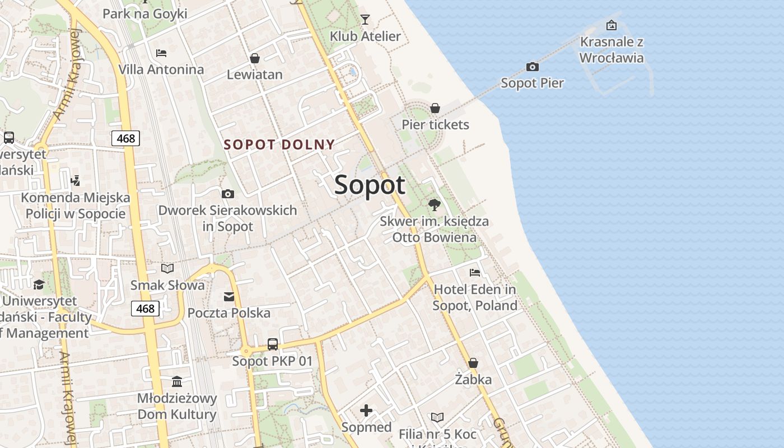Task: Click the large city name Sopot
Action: click(x=370, y=185)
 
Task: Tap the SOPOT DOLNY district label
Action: click(x=279, y=144)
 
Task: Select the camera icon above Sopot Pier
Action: click(x=533, y=67)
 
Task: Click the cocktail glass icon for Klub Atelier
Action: click(x=365, y=20)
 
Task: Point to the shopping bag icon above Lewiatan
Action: click(x=255, y=58)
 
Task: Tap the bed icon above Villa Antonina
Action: click(x=161, y=53)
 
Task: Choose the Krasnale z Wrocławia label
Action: click(x=612, y=50)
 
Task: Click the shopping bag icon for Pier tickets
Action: click(x=435, y=108)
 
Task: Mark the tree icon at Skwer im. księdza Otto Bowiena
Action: click(x=434, y=204)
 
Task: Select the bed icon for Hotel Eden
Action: click(x=475, y=273)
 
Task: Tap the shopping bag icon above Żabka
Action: click(x=473, y=363)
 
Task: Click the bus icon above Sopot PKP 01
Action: click(x=273, y=344)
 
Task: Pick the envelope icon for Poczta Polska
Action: click(x=229, y=296)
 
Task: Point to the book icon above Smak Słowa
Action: click(x=167, y=268)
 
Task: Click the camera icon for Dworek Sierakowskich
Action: click(x=228, y=194)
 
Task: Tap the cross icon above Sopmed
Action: click(x=366, y=411)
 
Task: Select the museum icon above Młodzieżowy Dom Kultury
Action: click(x=178, y=381)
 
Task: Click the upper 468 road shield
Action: click(x=125, y=138)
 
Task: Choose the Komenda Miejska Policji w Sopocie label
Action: click(x=76, y=206)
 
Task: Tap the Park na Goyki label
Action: click(x=144, y=13)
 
